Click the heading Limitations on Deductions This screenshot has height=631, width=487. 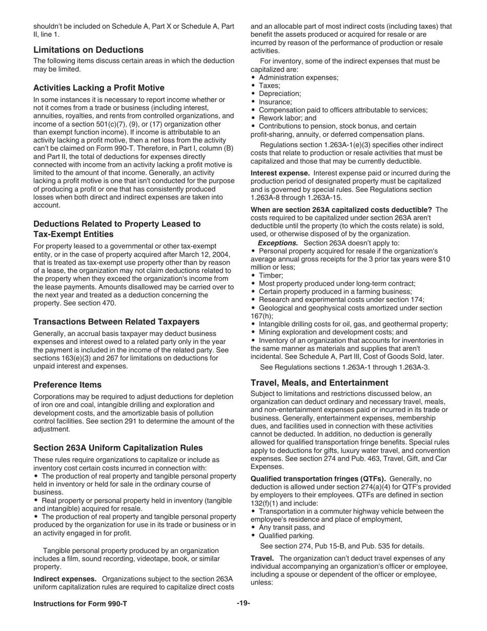(88, 50)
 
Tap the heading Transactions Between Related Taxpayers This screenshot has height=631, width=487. (116, 322)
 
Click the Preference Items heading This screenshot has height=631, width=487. (67, 385)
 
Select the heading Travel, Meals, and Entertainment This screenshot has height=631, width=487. (319, 383)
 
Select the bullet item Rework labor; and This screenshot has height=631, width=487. (288, 118)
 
